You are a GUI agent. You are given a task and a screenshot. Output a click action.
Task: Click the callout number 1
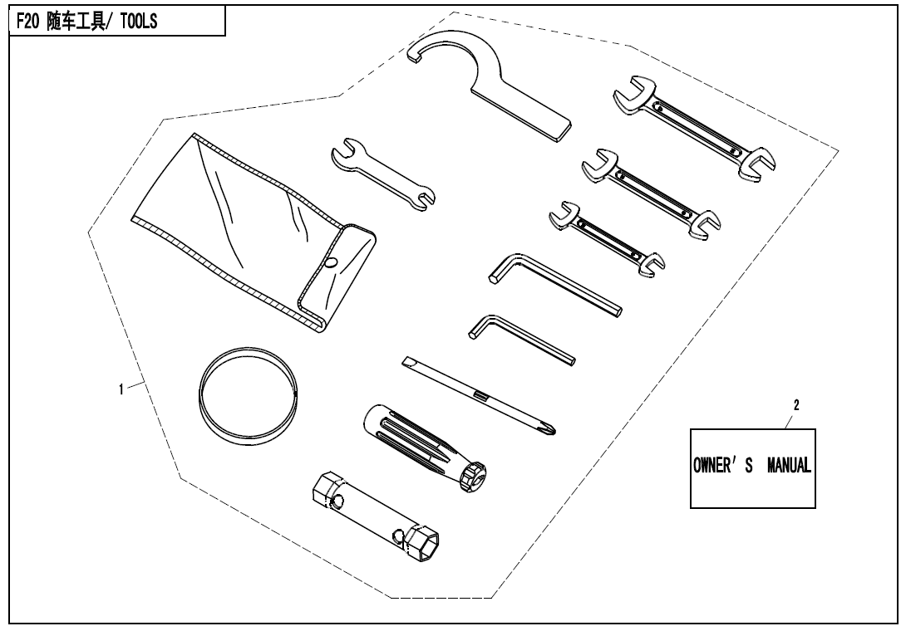[121, 389]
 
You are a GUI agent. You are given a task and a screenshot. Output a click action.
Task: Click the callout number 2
[796, 405]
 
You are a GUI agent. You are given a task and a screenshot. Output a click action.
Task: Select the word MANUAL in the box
[789, 465]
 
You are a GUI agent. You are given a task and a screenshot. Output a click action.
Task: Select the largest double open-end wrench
[693, 128]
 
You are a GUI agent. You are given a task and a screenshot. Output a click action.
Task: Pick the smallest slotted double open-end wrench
[607, 238]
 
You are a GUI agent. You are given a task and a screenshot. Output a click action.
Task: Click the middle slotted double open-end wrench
[651, 192]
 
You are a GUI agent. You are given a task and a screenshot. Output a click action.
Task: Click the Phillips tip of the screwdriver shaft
[550, 429]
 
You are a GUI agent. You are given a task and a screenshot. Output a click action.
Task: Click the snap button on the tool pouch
[331, 262]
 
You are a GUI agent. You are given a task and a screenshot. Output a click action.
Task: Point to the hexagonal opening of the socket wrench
[424, 545]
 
